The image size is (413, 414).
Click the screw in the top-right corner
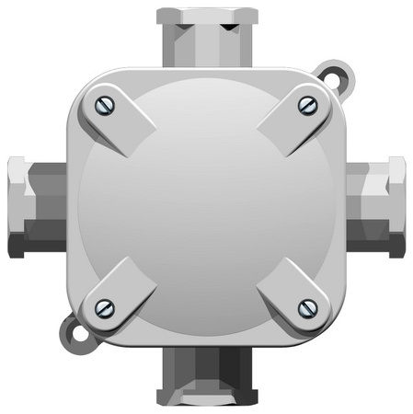click(x=308, y=106)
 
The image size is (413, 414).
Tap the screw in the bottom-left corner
click(x=104, y=306)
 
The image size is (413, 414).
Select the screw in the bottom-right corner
click(x=308, y=307)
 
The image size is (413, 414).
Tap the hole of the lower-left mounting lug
click(x=73, y=331)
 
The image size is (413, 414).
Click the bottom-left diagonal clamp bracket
click(x=118, y=293)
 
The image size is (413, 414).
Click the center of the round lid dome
click(x=206, y=207)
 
